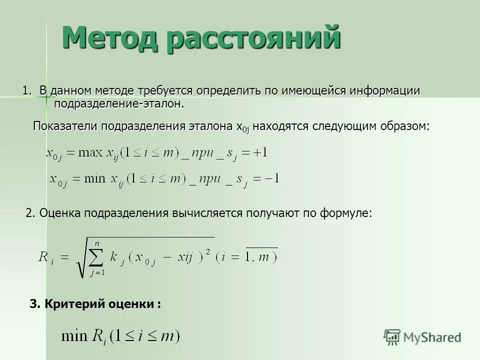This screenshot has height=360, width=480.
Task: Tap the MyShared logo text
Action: click(x=432, y=337)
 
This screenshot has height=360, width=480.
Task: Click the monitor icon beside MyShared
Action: click(x=392, y=337)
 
